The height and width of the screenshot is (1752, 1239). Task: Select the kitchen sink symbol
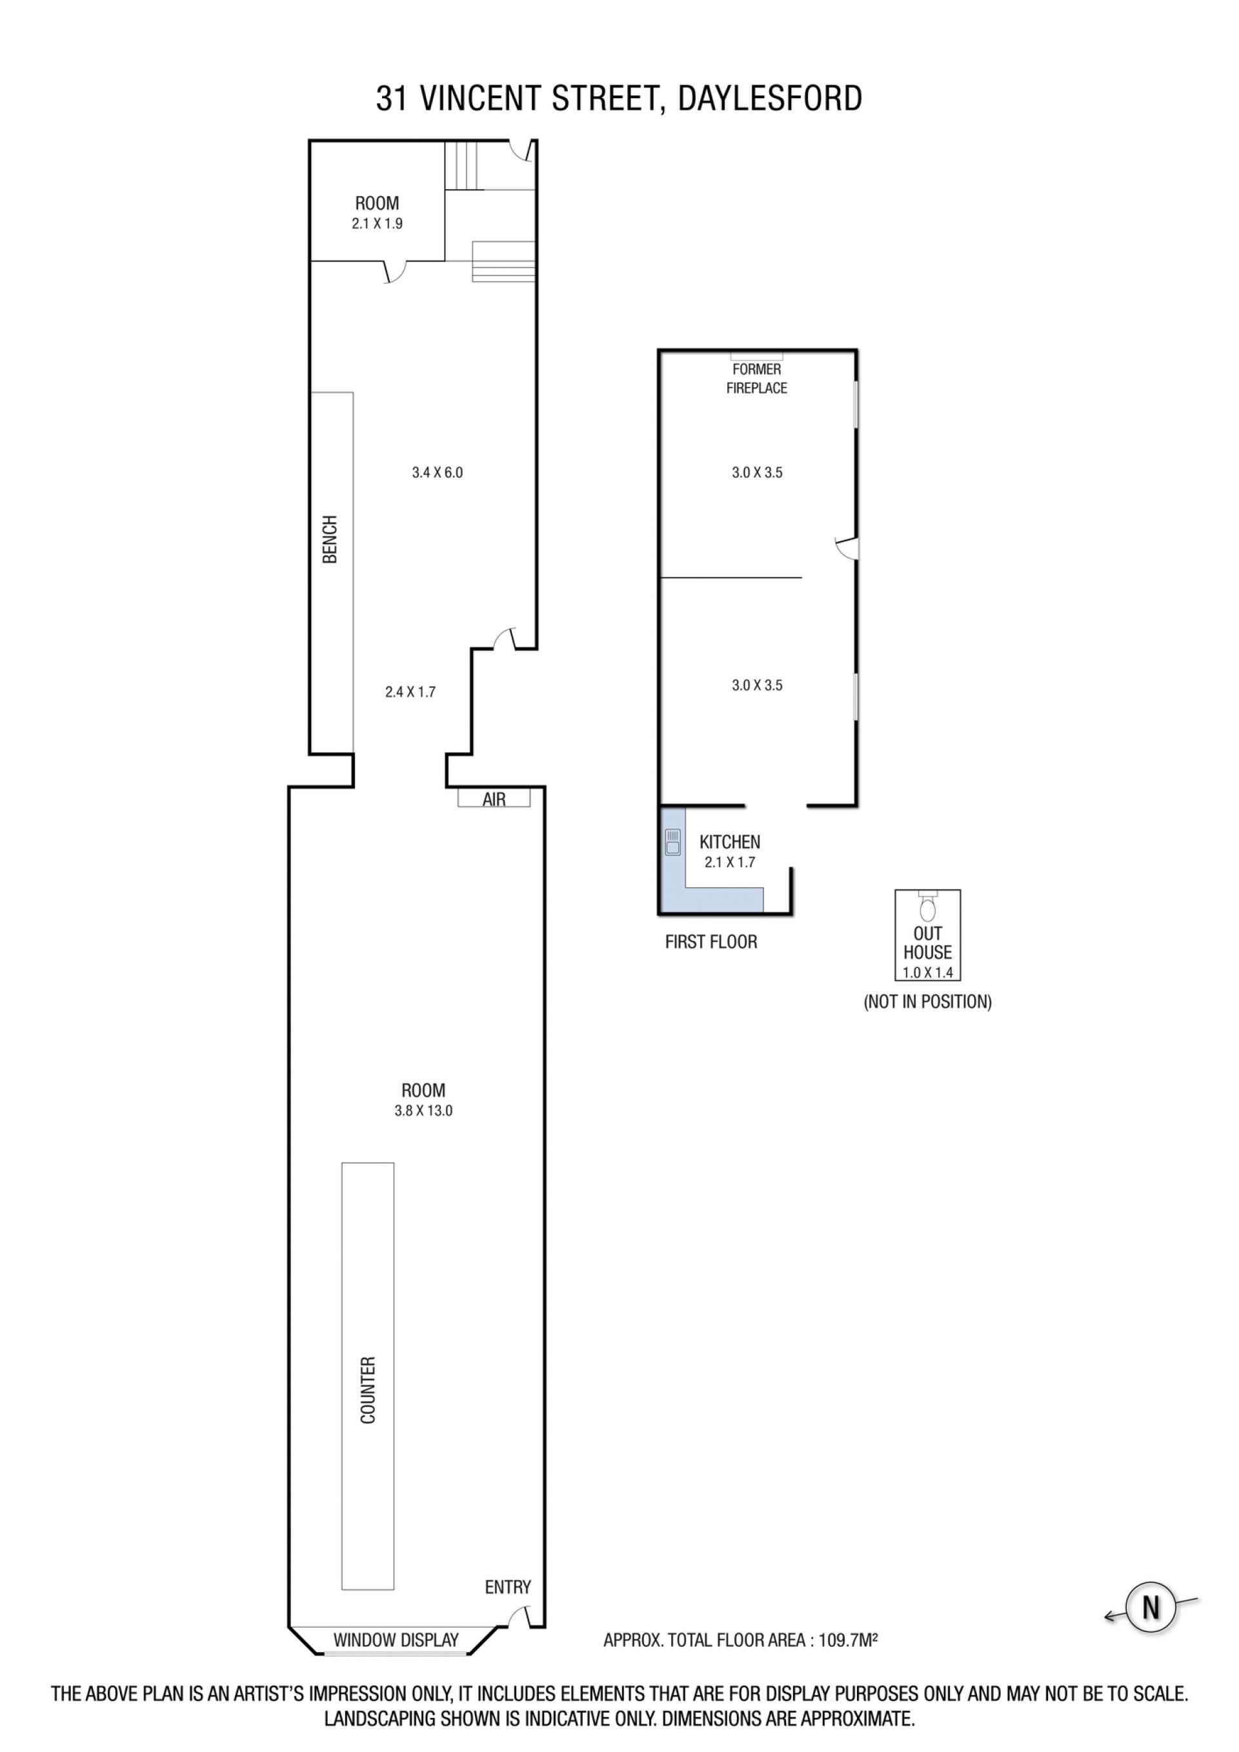point(673,842)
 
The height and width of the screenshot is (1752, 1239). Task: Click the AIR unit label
point(494,799)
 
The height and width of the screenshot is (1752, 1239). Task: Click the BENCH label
point(330,539)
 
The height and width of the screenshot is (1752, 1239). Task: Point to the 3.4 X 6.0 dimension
point(437,472)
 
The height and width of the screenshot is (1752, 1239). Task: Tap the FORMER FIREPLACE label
point(757,379)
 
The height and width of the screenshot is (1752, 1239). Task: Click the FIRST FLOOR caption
point(711,941)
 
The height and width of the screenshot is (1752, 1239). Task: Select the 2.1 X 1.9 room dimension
point(377,223)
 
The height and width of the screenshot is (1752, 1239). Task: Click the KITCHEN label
point(729,841)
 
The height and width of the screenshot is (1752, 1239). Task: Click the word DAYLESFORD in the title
point(770,99)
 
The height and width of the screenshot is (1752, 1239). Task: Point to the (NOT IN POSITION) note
point(928,1002)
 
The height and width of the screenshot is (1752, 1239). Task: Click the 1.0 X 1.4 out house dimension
point(928,973)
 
